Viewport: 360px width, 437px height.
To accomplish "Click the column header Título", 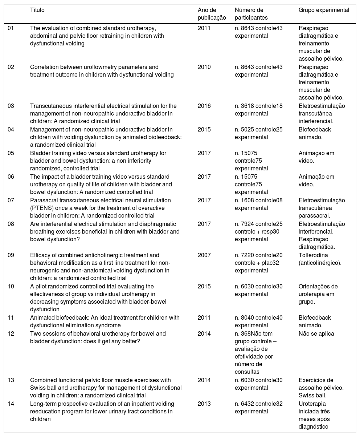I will click(37, 10).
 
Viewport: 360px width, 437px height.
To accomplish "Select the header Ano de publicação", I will click(212, 14).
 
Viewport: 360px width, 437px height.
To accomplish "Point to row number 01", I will click(11, 28).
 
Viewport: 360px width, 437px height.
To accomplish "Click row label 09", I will click(11, 255).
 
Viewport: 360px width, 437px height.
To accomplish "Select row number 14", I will click(11, 404).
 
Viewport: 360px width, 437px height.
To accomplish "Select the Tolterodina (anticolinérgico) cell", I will click(319, 259).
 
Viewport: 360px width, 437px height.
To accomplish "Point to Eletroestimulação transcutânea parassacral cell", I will click(322, 208).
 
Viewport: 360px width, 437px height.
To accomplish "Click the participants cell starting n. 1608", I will click(258, 204).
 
